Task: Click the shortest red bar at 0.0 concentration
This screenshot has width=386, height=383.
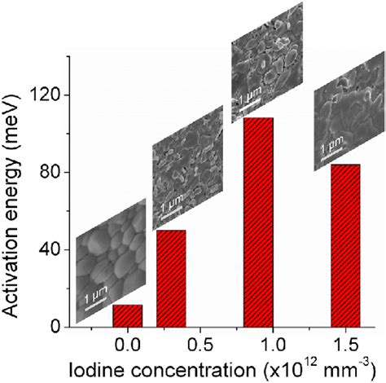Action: [x=126, y=315]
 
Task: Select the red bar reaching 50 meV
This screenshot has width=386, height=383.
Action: [x=170, y=278]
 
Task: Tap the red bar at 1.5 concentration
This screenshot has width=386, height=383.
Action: [x=344, y=244]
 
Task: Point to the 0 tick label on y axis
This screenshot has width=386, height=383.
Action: [x=56, y=327]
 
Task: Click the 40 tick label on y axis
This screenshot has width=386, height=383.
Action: [x=51, y=249]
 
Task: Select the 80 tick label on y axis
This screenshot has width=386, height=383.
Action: [x=51, y=173]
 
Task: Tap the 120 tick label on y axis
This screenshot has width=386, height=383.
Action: [x=46, y=95]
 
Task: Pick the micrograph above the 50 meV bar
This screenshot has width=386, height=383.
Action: [x=187, y=167]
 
